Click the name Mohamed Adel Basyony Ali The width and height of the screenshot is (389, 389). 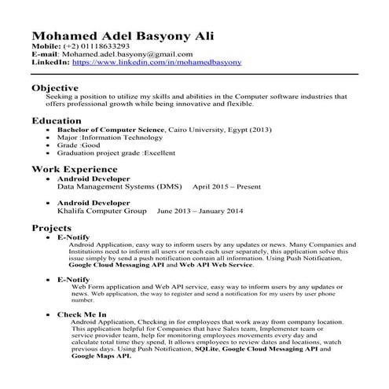pos(121,36)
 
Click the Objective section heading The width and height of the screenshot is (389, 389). pos(54,87)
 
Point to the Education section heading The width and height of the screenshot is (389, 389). pos(56,121)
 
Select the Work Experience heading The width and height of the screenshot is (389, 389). pos(74,169)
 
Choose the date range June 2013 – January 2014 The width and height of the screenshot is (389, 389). pos(200,211)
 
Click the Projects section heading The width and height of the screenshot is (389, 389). pos(52,227)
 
